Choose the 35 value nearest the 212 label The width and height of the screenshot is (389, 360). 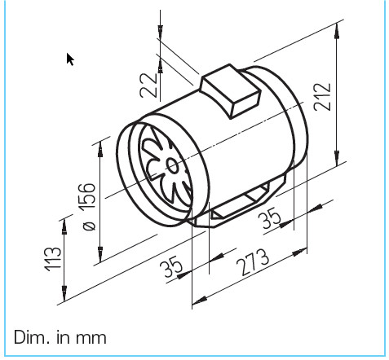coord(275,218)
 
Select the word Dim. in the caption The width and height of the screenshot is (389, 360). coord(33,336)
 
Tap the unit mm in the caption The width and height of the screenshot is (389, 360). coord(91,336)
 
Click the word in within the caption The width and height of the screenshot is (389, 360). coord(62,336)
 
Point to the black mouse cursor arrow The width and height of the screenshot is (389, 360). coord(71,59)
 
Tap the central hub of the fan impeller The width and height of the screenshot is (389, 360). coord(172,165)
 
